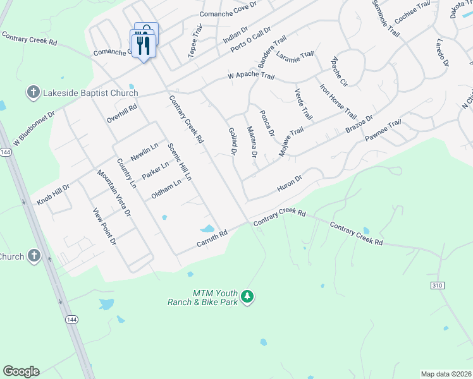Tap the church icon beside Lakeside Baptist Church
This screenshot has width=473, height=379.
click(34, 93)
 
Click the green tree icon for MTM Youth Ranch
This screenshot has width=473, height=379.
click(248, 297)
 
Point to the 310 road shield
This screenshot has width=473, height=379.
click(436, 286)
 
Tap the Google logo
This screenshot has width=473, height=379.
click(21, 371)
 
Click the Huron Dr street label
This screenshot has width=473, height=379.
click(290, 183)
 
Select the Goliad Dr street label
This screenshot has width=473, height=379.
click(232, 141)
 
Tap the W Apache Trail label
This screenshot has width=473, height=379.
click(251, 76)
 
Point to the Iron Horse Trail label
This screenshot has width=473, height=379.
click(338, 102)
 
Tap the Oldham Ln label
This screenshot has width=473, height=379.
click(166, 189)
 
